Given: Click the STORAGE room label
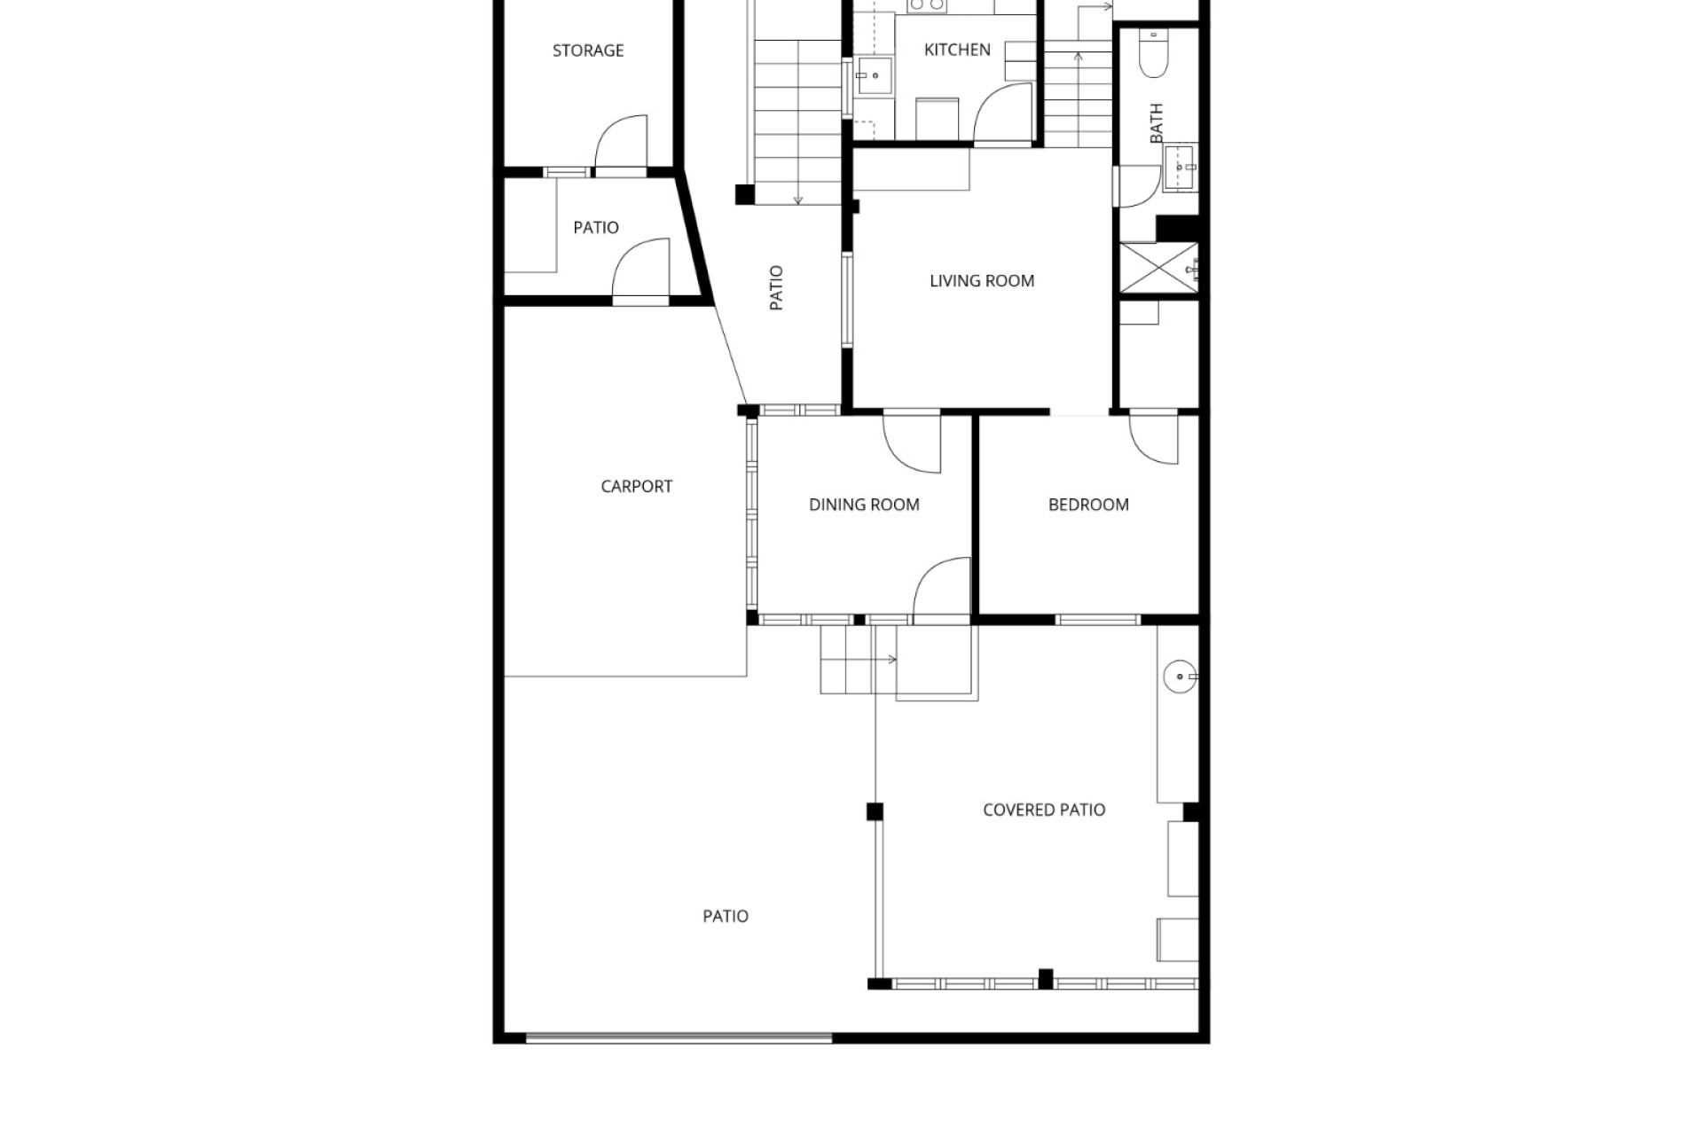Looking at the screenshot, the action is point(588,51).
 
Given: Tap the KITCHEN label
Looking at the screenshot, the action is point(957,50).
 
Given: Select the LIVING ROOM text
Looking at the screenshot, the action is point(982,281).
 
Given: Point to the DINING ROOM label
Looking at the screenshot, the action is point(864,505).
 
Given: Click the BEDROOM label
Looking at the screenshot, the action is point(1088,505).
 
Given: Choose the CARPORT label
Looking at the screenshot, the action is point(636,486).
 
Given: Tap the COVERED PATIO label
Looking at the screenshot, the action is point(1044,810).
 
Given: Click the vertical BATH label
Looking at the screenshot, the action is point(1157,123).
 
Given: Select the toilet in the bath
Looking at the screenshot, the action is point(1156,54).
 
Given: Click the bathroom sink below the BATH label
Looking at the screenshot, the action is point(1181,167).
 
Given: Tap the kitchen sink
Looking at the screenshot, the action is point(873,75).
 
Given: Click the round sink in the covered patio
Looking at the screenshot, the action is point(1180,677).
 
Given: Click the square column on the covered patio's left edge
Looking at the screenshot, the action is point(875,811).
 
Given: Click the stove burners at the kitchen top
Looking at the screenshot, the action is point(926,5).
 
